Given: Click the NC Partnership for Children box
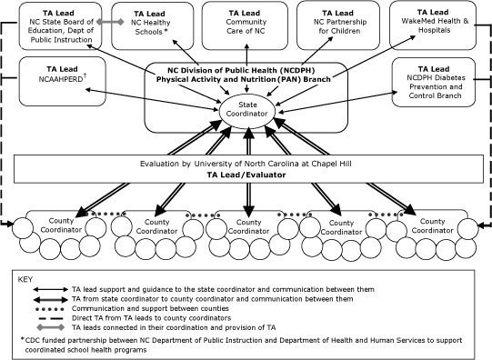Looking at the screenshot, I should click(338, 25).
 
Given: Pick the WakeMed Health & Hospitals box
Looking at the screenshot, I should click(433, 25).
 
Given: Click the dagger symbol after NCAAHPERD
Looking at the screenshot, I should click(85, 75).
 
